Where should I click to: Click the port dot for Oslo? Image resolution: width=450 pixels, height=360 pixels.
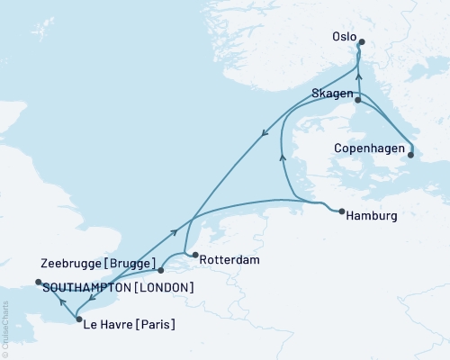(x=362, y=41)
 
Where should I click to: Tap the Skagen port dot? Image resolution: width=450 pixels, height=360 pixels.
(x=357, y=101)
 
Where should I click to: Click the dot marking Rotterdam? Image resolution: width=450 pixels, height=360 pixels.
(x=194, y=255)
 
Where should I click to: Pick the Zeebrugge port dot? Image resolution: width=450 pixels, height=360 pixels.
(x=160, y=269)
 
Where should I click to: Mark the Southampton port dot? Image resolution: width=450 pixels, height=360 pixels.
(x=38, y=283)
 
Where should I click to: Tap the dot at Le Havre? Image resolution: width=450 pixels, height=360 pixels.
(x=79, y=319)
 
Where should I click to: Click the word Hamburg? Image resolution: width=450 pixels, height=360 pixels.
(x=372, y=216)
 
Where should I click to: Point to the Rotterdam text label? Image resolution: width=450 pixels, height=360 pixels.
(x=229, y=259)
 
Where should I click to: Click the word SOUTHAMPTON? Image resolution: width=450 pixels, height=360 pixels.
(x=84, y=287)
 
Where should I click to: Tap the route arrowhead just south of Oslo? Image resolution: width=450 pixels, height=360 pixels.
(x=358, y=76)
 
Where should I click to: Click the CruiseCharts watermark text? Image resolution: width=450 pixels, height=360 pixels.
(x=5, y=333)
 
